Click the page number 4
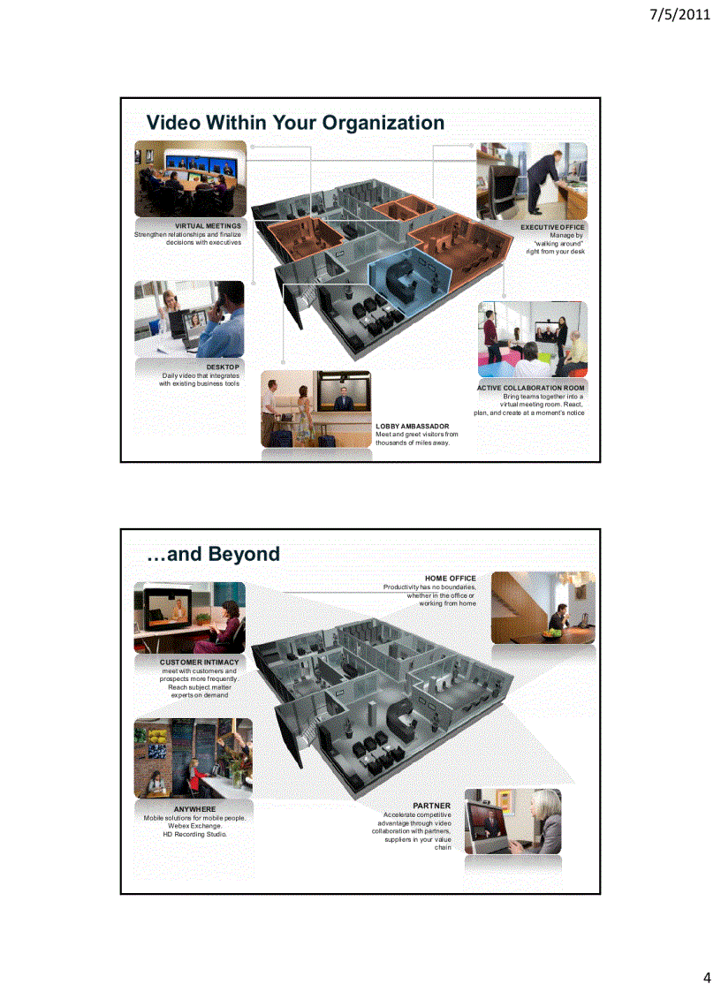point(706,977)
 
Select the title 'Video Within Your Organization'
point(295,122)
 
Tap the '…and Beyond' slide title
point(212,554)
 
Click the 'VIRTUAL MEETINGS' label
point(208,226)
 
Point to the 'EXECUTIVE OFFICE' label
point(552,227)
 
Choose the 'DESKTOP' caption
point(223,366)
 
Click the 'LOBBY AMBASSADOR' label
point(412,426)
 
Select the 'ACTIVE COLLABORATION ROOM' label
point(531,387)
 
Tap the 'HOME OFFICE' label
point(450,579)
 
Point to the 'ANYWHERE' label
point(194,808)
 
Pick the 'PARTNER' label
point(431,806)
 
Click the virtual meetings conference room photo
point(190,179)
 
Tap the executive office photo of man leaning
point(532,181)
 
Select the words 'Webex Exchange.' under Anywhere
point(194,826)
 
